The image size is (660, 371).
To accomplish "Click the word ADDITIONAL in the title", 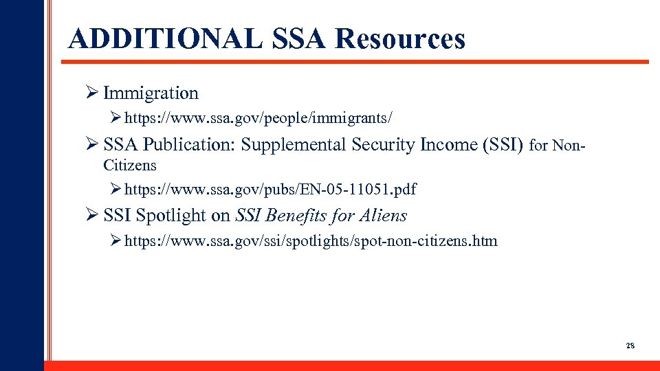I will click(x=165, y=39).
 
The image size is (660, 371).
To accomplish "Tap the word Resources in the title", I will click(x=400, y=39).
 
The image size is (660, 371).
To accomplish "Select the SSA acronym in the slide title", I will click(x=300, y=39).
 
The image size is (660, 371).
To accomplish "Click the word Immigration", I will click(x=151, y=93).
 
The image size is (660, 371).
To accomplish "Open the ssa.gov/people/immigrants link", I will click(x=258, y=119).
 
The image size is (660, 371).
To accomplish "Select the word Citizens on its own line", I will click(x=130, y=166).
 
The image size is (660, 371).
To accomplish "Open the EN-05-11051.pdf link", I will click(x=270, y=189).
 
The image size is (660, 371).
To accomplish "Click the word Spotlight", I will click(x=172, y=216).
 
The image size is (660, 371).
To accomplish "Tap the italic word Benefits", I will click(x=294, y=216).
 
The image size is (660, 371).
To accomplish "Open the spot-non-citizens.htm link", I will click(x=311, y=241).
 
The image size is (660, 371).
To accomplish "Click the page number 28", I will click(x=630, y=346).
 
